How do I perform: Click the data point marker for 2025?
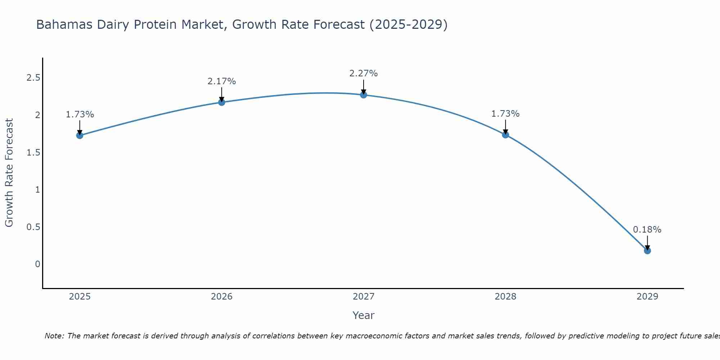pos(80,135)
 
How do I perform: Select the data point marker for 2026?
pos(221,102)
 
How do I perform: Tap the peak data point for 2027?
pos(363,95)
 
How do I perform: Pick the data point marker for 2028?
pos(505,135)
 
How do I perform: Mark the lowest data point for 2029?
pos(647,251)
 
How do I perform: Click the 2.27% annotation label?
pos(363,73)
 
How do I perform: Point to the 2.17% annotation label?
pos(221,81)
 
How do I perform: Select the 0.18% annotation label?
pos(647,230)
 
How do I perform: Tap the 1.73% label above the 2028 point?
pos(505,114)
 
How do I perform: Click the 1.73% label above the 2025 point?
pos(80,114)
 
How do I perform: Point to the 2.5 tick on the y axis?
pos(33,78)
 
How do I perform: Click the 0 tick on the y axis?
pos(37,264)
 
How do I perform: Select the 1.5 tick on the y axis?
pos(33,153)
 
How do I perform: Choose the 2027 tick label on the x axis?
pos(363,297)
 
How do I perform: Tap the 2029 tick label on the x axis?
pos(647,297)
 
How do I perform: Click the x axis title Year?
pos(363,315)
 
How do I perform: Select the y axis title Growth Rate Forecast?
pos(9,173)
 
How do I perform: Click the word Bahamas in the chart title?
pos(60,24)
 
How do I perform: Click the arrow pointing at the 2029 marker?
pos(647,242)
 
